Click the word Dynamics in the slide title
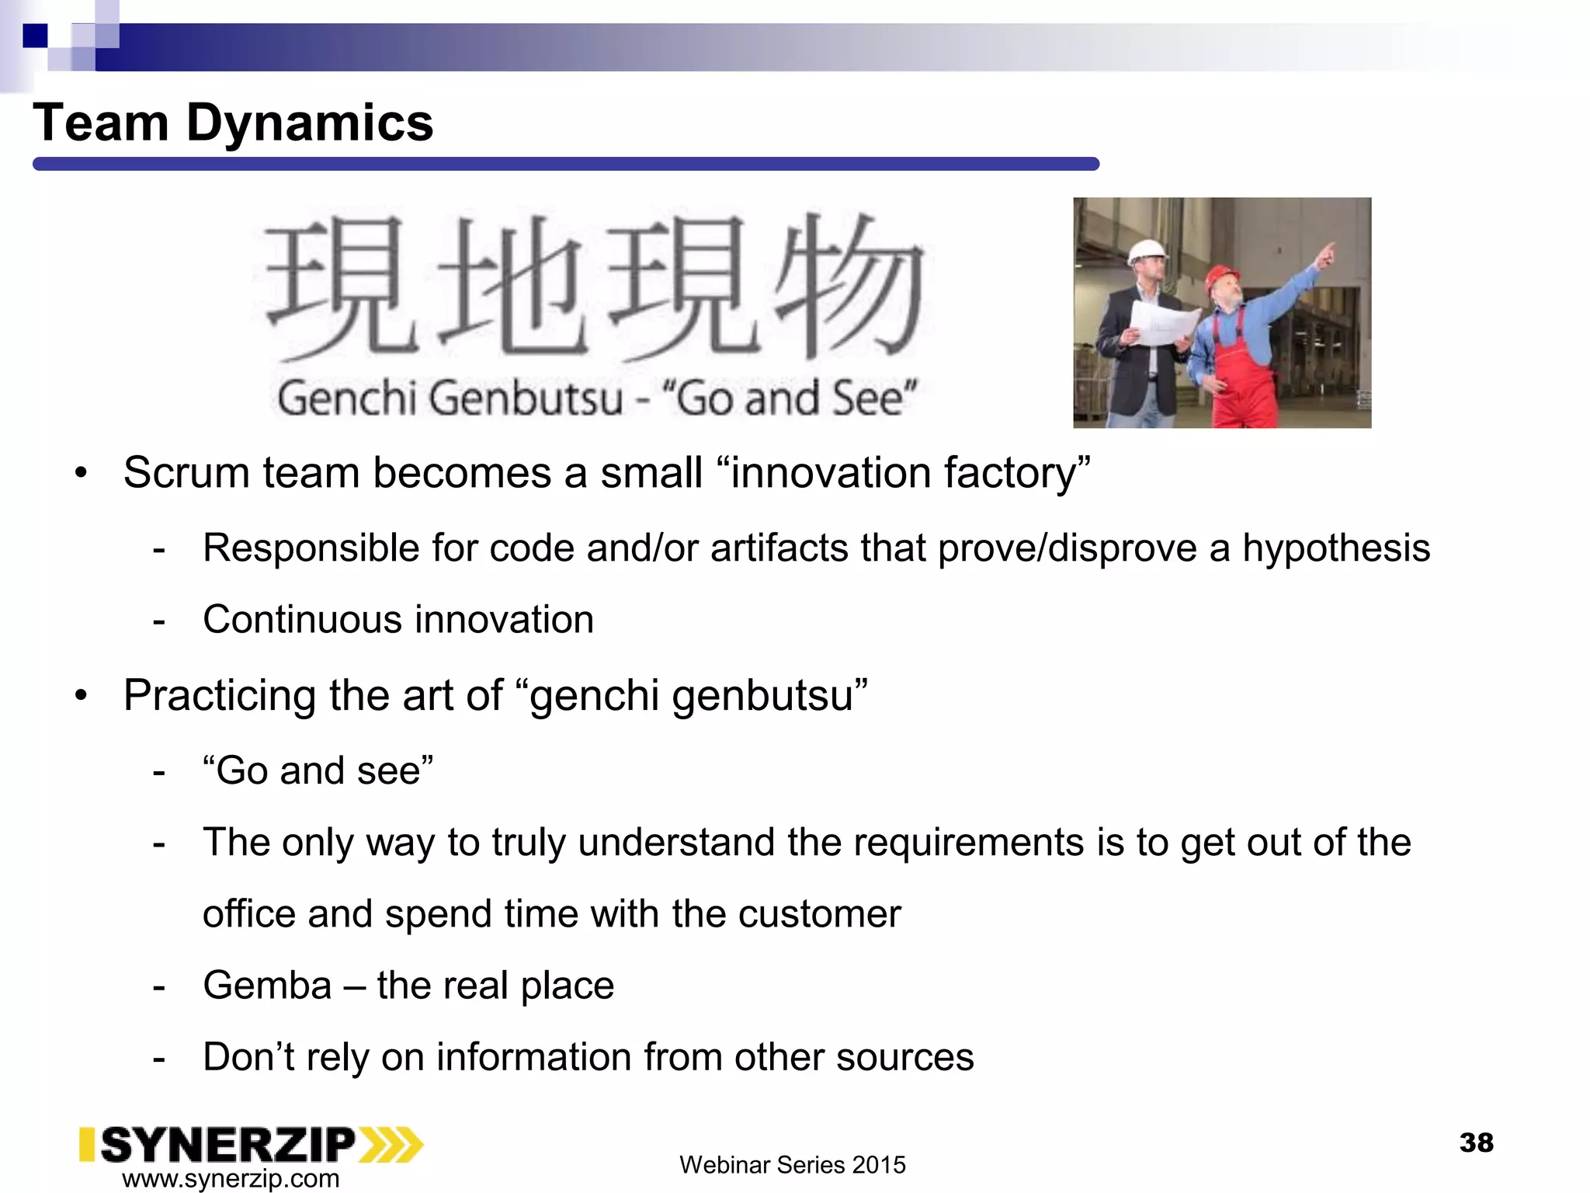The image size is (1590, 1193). pyautogui.click(x=309, y=123)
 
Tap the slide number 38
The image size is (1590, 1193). pyautogui.click(x=1476, y=1143)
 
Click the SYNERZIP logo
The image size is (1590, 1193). pyautogui.click(x=250, y=1145)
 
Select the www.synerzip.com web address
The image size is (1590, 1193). pyautogui.click(x=231, y=1178)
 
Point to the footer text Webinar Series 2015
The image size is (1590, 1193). pyautogui.click(x=792, y=1165)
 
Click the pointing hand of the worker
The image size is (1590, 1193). pyautogui.click(x=1328, y=253)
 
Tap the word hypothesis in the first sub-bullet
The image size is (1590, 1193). pyautogui.click(x=1335, y=548)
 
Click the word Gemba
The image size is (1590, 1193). pyautogui.click(x=267, y=986)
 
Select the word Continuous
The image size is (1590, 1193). pyautogui.click(x=302, y=620)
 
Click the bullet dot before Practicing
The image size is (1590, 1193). pyautogui.click(x=82, y=696)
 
